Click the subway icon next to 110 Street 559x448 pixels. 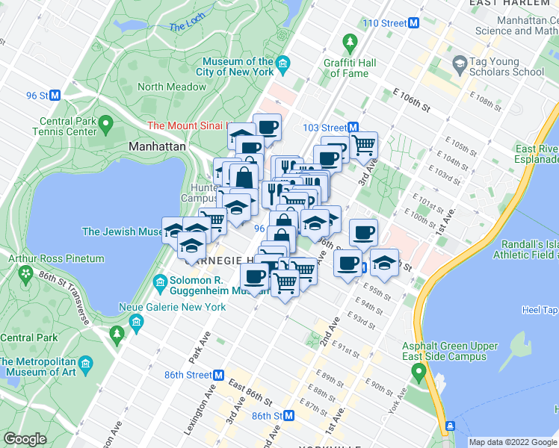click(413, 23)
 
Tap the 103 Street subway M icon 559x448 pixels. click(353, 128)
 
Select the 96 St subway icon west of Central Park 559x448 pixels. click(55, 95)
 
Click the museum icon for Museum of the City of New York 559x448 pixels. click(282, 66)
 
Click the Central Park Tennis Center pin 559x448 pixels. click(105, 122)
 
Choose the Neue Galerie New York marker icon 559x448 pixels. click(135, 323)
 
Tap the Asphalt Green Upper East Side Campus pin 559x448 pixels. click(420, 370)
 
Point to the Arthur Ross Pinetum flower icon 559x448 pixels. click(27, 275)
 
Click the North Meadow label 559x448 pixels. click(172, 87)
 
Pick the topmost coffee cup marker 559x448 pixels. click(266, 126)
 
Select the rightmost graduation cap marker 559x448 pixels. click(385, 262)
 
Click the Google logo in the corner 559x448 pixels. click(25, 439)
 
